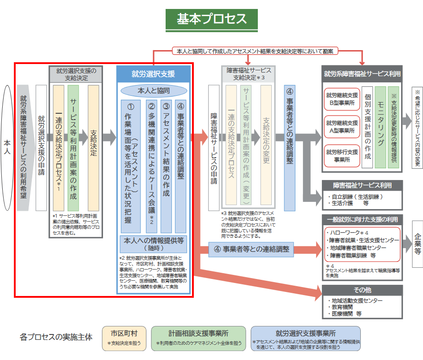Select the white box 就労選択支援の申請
[41, 147]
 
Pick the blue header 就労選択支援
[154, 74]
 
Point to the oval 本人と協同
[154, 91]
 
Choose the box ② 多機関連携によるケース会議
[152, 163]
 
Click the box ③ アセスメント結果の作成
[166, 163]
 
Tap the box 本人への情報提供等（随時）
[154, 244]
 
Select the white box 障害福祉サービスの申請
[214, 147]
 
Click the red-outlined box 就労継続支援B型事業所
[342, 99]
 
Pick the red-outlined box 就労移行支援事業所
[342, 155]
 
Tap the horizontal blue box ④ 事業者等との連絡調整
[251, 249]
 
